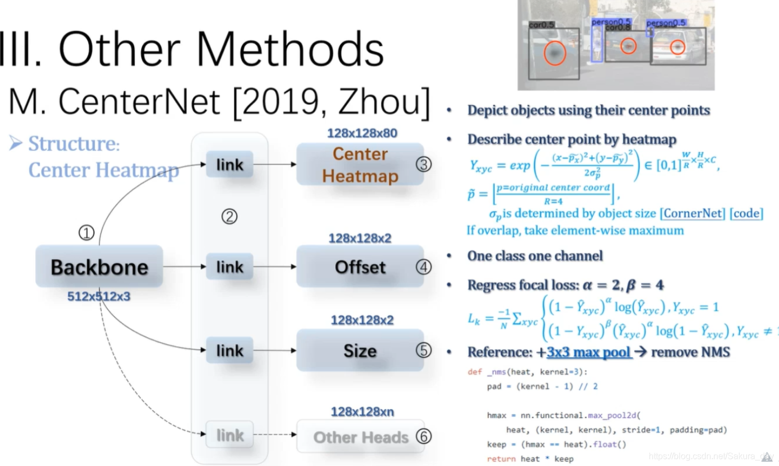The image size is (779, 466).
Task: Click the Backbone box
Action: point(99,266)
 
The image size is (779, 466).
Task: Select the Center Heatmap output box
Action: point(360,165)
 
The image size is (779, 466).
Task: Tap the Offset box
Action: point(360,267)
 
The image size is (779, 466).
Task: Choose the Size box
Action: point(360,351)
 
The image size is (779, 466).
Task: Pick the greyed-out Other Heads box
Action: point(360,437)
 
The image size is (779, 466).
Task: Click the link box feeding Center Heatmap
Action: point(230,164)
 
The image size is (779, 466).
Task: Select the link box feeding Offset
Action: point(230,267)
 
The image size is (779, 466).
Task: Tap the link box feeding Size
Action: point(230,351)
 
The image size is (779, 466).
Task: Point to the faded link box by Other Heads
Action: point(230,435)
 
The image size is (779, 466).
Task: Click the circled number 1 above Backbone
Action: point(86,233)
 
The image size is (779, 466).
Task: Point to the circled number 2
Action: point(229,217)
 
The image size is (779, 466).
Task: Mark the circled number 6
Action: point(423,436)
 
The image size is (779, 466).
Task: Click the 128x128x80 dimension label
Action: point(362,133)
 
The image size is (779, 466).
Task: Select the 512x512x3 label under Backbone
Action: point(99,296)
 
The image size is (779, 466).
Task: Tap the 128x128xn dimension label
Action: point(362,412)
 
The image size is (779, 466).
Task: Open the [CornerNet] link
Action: point(692,213)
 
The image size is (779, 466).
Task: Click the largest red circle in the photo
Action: point(555,53)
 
